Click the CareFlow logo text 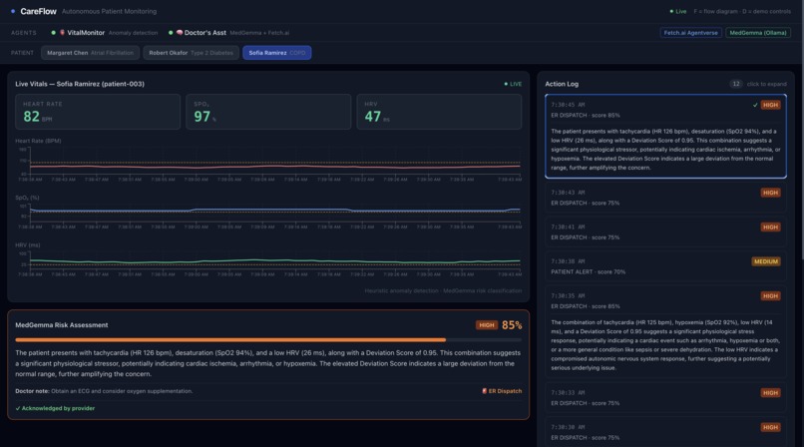tap(37, 11)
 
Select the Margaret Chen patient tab tap(90, 53)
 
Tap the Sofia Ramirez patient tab tap(276, 53)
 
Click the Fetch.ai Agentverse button tap(690, 33)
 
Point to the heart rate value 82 tap(32, 117)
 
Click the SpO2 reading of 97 tap(201, 117)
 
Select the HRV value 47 tap(372, 117)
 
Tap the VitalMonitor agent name tap(86, 33)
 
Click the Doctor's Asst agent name tap(205, 33)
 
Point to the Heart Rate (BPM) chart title tap(38, 141)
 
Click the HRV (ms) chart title tap(28, 244)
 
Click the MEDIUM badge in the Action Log tap(766, 261)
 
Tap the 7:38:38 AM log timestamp tap(568, 261)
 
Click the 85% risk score tap(512, 325)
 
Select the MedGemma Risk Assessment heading tap(62, 325)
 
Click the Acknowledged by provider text tap(56, 408)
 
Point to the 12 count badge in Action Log tap(735, 84)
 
